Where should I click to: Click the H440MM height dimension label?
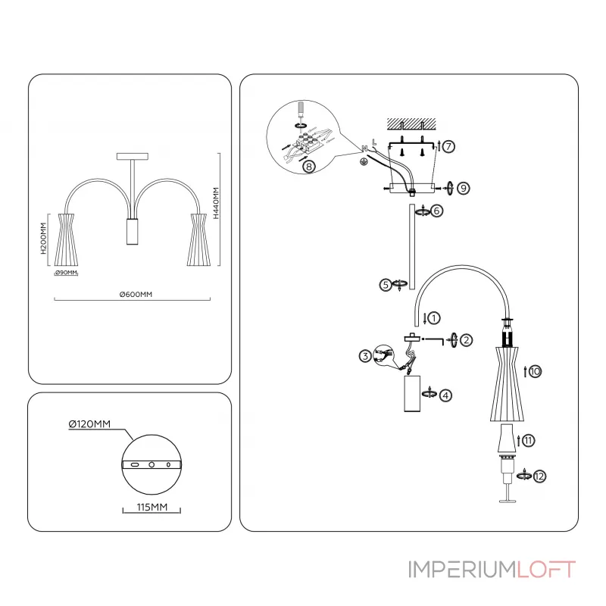pos(216,203)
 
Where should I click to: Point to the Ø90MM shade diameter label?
pos(67,272)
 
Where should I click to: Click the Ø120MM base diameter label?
pos(89,425)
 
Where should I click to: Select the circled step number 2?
pos(467,340)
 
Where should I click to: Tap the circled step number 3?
pos(365,356)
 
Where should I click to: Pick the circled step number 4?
pos(446,395)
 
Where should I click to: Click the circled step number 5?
pos(386,285)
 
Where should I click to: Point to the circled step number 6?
pos(437,211)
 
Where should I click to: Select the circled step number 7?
pos(449,147)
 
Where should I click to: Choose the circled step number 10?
pos(535,371)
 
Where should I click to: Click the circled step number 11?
pos(529,439)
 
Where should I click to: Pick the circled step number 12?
pos(539,476)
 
